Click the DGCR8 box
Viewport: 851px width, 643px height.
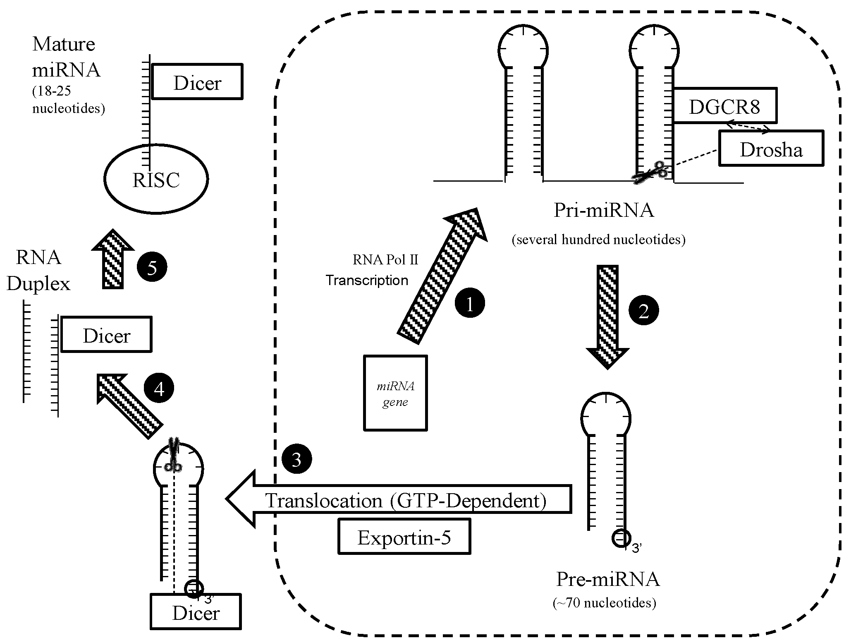tap(724, 106)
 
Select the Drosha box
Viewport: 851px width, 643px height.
tap(771, 149)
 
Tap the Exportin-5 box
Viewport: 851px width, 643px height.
tap(404, 537)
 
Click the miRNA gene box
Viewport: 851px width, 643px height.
tap(395, 393)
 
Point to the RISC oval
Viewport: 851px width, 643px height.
tap(156, 180)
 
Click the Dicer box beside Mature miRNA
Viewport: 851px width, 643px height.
tap(197, 82)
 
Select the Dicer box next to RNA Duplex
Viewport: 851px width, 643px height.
tap(107, 334)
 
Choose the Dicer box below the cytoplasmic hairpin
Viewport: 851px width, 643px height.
tap(196, 612)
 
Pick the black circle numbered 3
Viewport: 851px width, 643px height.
tap(296, 459)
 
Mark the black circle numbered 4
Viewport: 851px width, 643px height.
tap(159, 388)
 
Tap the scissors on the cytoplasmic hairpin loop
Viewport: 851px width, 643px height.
tap(173, 455)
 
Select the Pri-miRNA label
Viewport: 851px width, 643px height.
tap(603, 210)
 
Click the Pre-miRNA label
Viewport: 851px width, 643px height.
tap(607, 579)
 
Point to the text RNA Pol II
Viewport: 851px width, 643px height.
tap(385, 260)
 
